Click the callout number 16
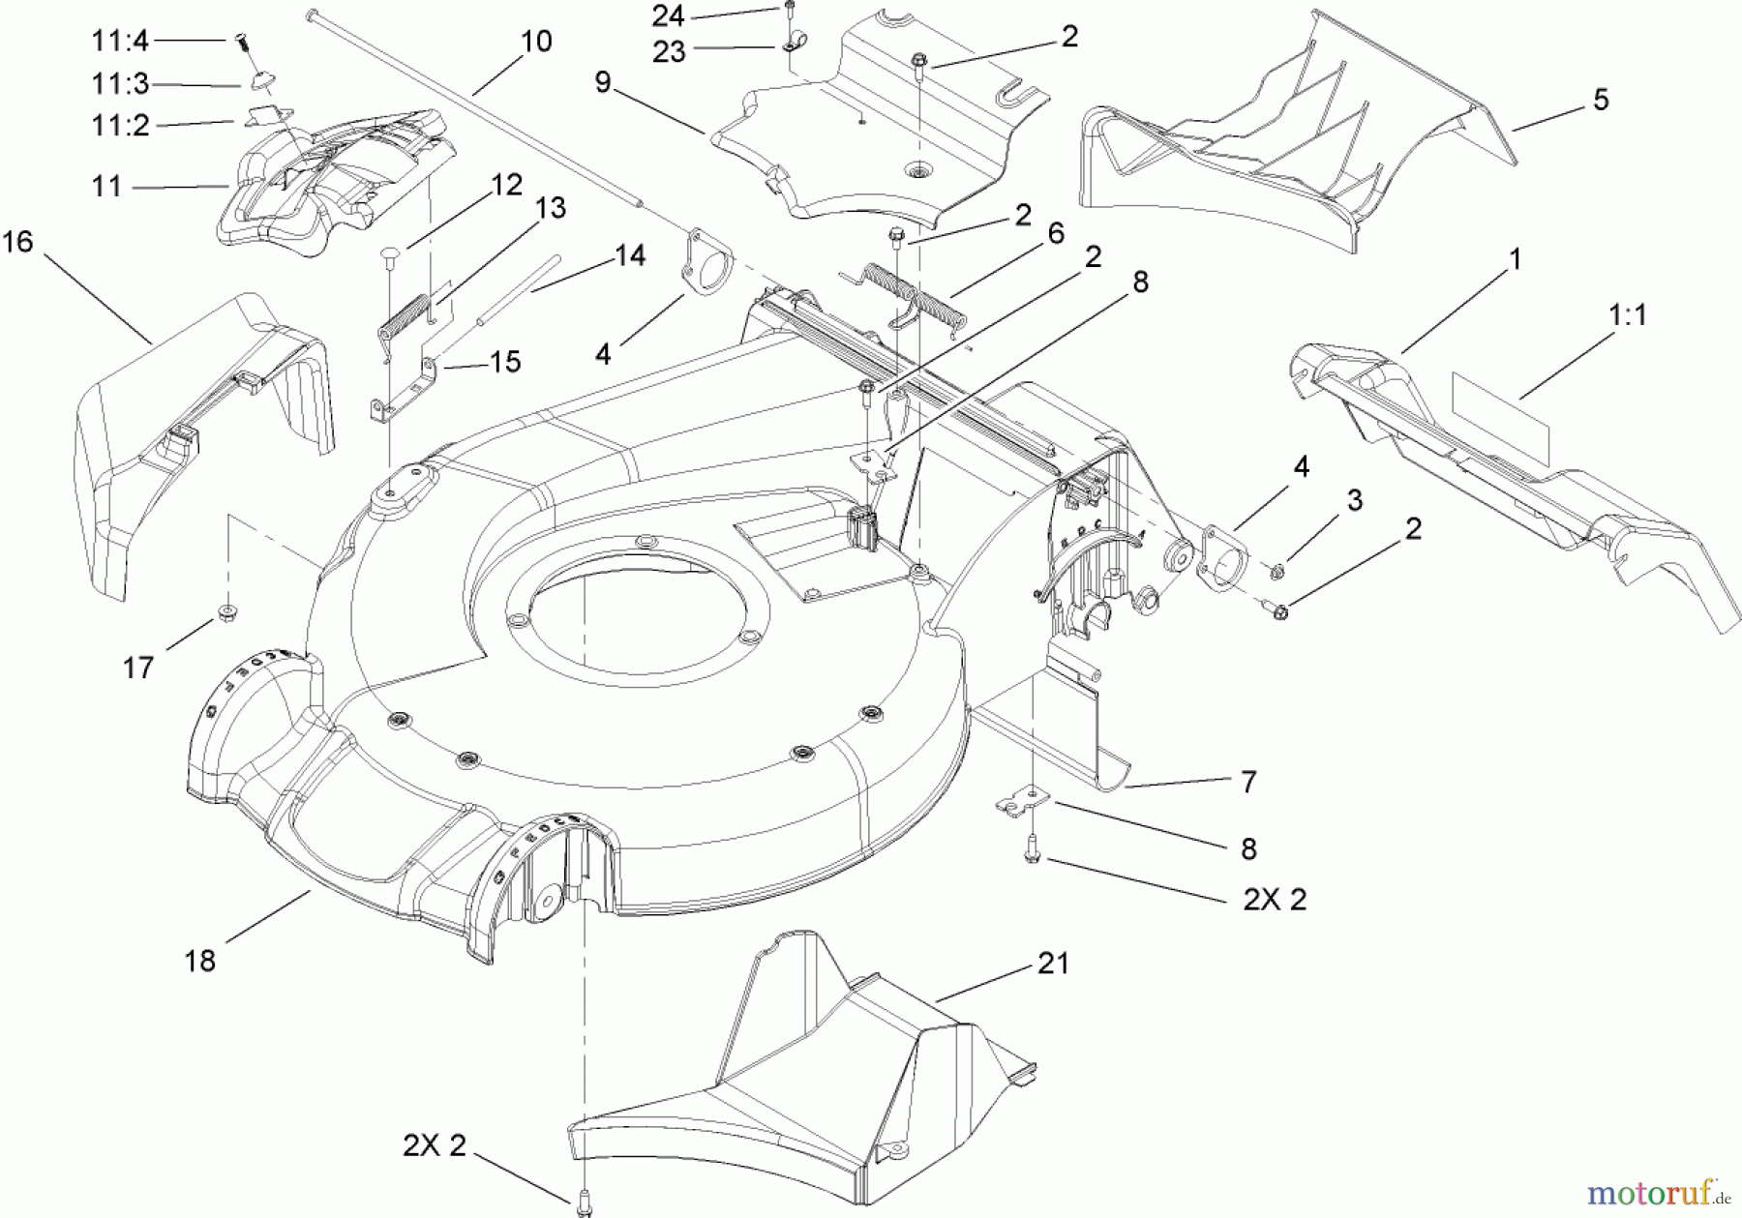[x=17, y=242]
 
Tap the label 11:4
[x=121, y=42]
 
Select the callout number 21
[x=1053, y=964]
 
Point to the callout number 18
[x=200, y=962]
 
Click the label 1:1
[x=1628, y=315]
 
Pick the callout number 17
[x=137, y=668]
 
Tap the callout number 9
[x=603, y=83]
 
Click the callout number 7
[x=1248, y=782]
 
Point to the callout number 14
[x=629, y=255]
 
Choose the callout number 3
[x=1354, y=500]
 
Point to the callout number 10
[x=535, y=42]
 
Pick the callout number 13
[x=550, y=208]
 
